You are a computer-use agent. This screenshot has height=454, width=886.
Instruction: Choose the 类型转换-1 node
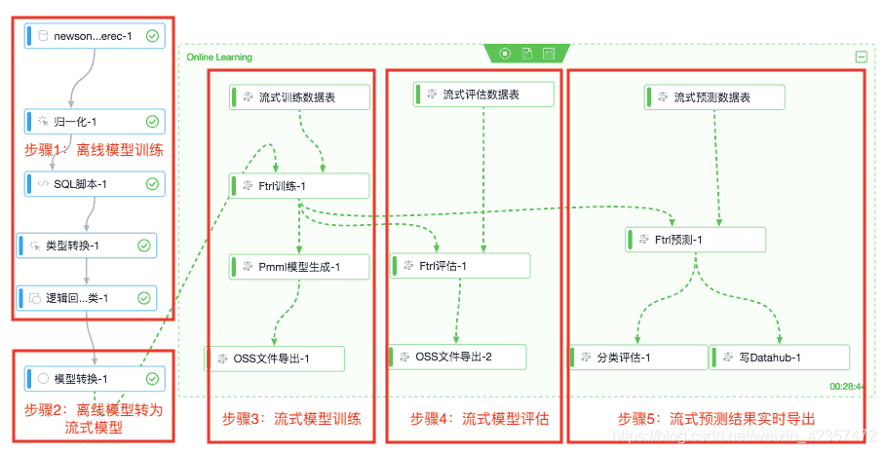tap(87, 246)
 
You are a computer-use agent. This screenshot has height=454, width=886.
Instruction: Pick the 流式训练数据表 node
tap(298, 96)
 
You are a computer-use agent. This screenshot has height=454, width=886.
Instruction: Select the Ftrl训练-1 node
tap(298, 186)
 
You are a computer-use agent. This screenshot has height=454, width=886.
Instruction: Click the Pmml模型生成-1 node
tap(298, 266)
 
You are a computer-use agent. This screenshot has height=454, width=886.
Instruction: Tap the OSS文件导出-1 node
tap(274, 359)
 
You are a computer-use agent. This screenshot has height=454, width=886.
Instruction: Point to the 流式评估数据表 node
tap(482, 95)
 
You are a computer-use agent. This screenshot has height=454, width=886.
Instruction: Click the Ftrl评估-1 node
tap(460, 266)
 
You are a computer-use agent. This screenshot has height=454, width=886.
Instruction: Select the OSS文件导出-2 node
tap(456, 357)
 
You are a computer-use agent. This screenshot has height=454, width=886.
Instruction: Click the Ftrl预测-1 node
tap(695, 240)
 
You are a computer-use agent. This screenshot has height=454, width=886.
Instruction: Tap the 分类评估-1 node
tap(638, 358)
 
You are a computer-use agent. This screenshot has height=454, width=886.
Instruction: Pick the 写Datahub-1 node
tap(779, 358)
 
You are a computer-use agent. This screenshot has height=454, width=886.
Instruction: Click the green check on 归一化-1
tap(152, 122)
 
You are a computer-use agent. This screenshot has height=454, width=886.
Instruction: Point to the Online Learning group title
tap(219, 57)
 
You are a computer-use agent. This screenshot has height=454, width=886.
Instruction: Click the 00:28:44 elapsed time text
tap(847, 387)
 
